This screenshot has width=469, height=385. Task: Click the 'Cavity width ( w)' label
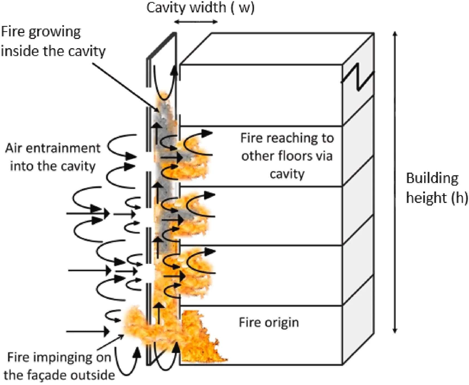tap(200, 8)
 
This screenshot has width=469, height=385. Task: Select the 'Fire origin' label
tap(269, 322)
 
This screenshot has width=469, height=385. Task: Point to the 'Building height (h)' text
tap(436, 188)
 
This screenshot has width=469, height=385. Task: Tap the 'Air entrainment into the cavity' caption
tap(53, 157)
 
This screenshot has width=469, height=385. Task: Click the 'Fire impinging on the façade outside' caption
tap(59, 366)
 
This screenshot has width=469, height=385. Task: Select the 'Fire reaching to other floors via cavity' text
tap(287, 156)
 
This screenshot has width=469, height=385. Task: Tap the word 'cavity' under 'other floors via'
tap(287, 174)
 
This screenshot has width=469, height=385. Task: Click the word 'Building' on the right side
tap(432, 178)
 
